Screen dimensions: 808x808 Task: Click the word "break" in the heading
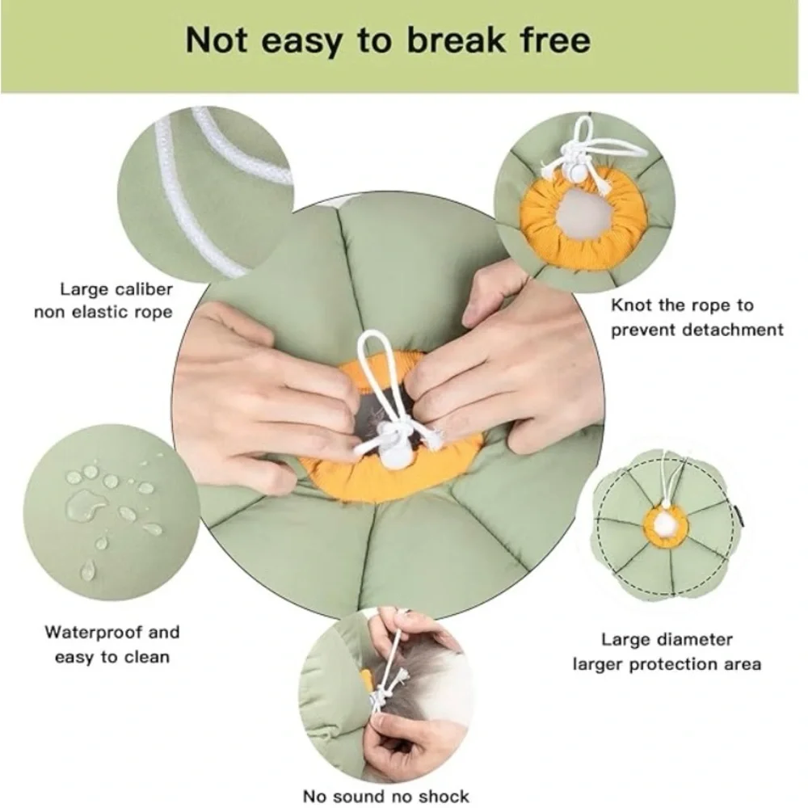(456, 40)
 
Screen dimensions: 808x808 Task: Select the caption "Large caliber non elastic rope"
(103, 301)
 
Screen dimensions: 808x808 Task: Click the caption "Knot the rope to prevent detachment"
(696, 318)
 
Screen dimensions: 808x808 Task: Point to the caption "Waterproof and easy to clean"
(112, 645)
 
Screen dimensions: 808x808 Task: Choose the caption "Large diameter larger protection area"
(667, 652)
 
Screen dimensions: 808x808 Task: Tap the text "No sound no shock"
(386, 796)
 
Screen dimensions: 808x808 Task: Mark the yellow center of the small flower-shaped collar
(665, 526)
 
